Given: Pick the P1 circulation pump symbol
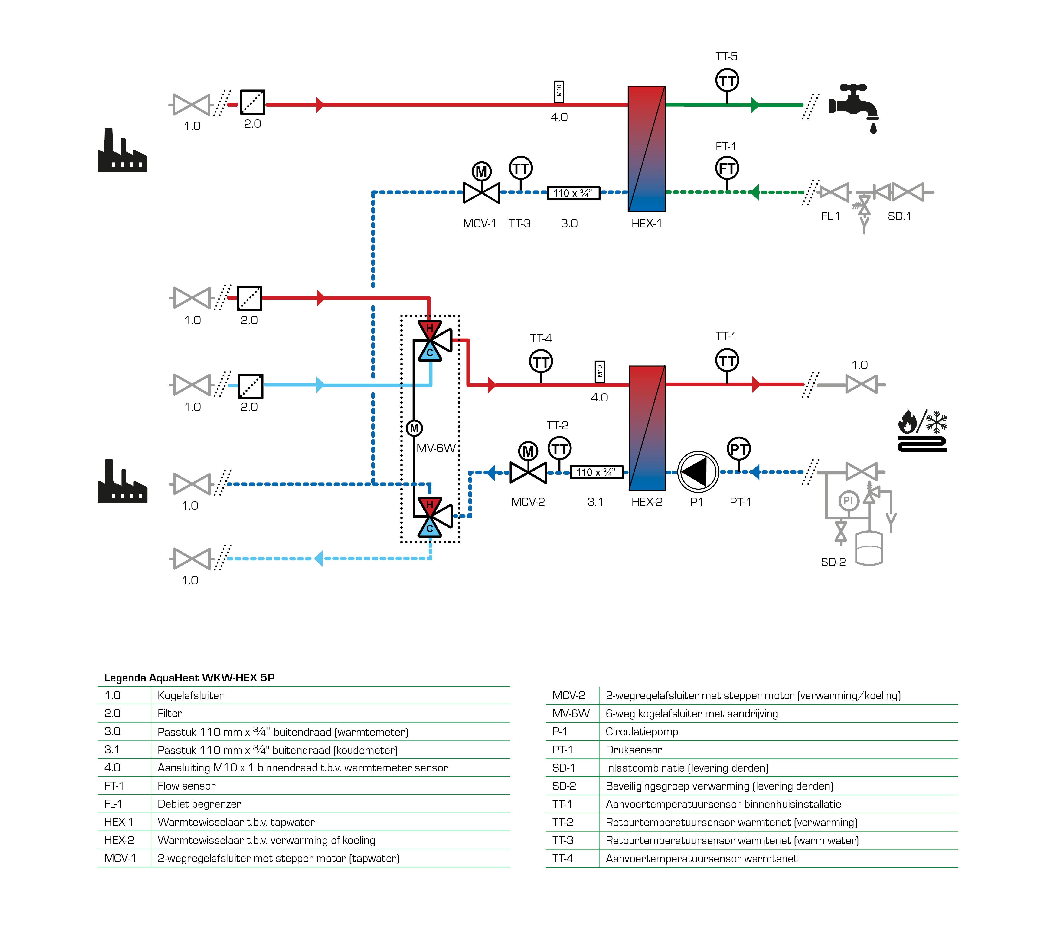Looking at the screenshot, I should point(698,471).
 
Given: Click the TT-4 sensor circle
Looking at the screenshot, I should point(541,361).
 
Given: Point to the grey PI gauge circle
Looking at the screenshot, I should point(848,500).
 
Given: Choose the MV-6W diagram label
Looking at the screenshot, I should point(436,448).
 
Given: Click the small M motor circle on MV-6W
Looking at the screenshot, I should point(414,428).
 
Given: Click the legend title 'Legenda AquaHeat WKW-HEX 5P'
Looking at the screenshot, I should point(189,677).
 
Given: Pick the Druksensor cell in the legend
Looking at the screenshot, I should point(634,750).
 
